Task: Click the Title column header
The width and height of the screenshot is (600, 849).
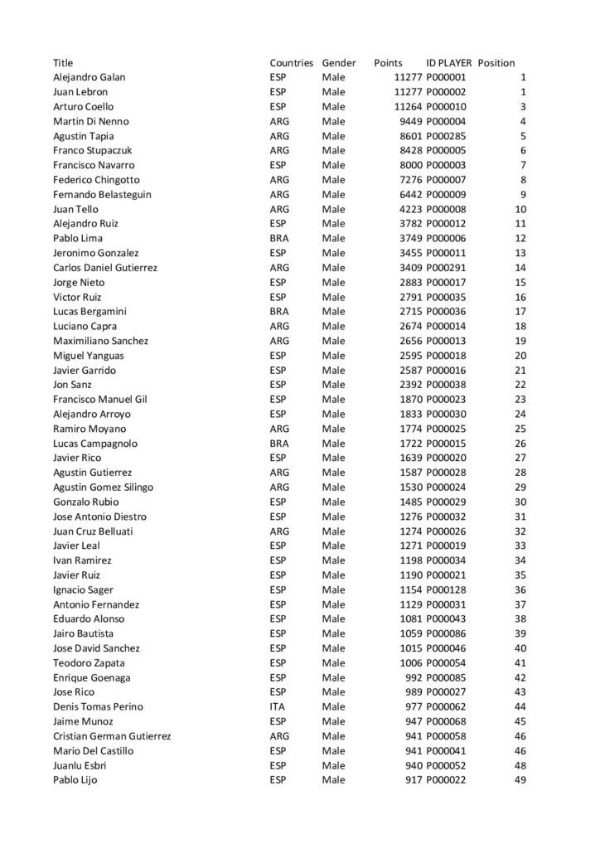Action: point(63,63)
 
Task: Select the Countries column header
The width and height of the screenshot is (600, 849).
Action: point(292,63)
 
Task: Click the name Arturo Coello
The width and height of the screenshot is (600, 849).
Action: point(84,107)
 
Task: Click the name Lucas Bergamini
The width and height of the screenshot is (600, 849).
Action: point(89,312)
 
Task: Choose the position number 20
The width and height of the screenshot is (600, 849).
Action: point(520,356)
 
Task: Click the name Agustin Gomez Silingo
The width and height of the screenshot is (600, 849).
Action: point(103,488)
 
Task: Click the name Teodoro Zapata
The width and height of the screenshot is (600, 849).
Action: point(87,663)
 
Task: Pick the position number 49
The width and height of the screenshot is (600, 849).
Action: point(520,780)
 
